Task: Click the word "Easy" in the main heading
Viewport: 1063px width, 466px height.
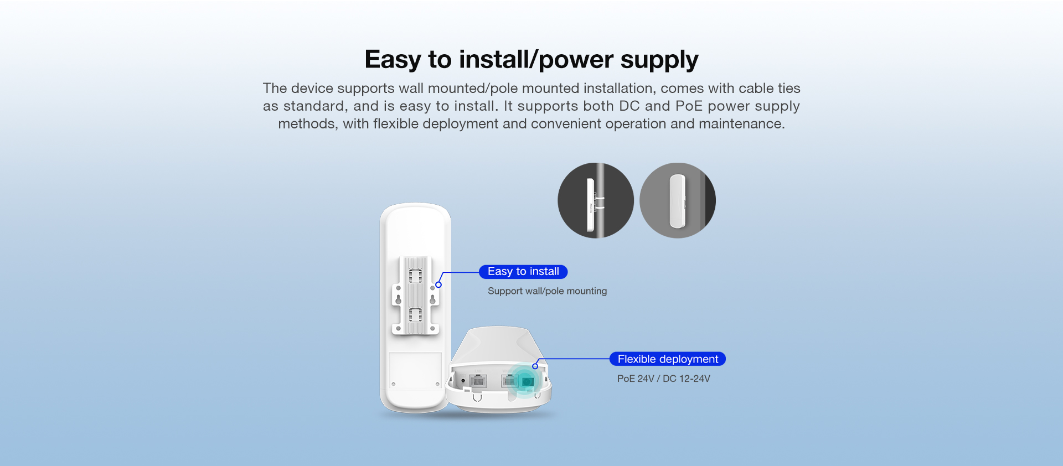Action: [393, 60]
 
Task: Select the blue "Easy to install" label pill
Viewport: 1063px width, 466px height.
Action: [523, 272]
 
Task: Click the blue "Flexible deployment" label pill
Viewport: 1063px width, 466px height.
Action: [668, 359]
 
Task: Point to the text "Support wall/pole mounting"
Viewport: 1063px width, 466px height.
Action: [547, 291]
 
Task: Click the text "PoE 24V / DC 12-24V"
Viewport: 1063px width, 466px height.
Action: [663, 379]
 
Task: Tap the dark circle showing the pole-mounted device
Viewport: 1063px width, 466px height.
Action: [596, 200]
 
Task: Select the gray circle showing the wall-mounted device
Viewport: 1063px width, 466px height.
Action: [678, 200]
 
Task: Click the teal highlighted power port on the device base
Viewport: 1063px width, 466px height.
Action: [527, 381]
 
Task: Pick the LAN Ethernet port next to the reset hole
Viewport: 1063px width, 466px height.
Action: [478, 380]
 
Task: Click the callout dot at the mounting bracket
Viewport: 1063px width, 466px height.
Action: [438, 284]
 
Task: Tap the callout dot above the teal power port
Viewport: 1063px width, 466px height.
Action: [535, 366]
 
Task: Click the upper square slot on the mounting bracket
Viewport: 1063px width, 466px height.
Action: [415, 275]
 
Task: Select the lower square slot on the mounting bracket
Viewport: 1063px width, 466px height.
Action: [415, 315]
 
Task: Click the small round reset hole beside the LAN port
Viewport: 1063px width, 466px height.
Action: [463, 381]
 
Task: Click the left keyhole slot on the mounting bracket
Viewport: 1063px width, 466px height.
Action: [398, 298]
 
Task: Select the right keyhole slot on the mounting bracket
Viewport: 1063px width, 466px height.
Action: [433, 298]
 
